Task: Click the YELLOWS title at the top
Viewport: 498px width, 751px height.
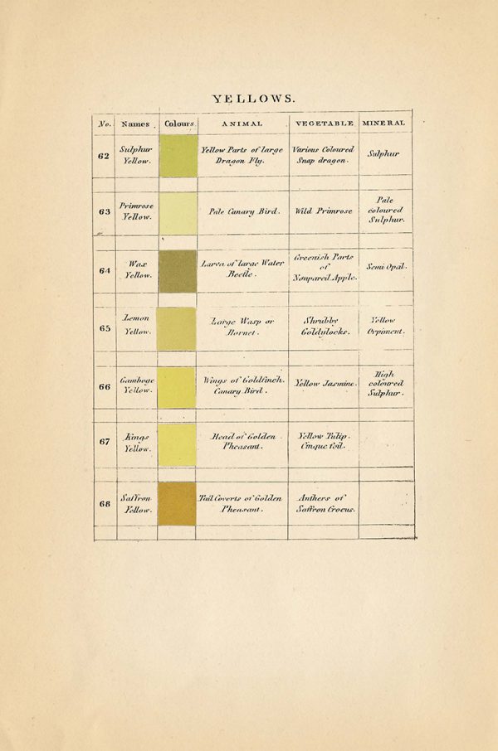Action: point(253,99)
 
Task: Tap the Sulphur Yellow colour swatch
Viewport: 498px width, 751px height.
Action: point(178,156)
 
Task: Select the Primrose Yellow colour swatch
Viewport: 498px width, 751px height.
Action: point(178,213)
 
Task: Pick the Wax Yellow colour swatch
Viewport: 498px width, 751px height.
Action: point(178,271)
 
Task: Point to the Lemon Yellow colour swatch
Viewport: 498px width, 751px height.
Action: point(176,328)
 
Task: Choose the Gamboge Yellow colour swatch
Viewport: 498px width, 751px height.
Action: point(177,387)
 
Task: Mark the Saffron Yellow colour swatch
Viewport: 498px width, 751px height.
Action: point(177,503)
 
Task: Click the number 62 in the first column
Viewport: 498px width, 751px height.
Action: point(105,155)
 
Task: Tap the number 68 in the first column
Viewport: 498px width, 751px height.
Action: point(105,504)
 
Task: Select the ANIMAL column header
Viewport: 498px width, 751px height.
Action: point(242,124)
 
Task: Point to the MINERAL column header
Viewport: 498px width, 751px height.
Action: point(384,123)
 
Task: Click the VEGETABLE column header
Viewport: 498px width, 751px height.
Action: point(324,124)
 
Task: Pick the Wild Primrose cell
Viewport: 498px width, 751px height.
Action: point(324,211)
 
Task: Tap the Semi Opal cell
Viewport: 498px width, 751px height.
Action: point(386,267)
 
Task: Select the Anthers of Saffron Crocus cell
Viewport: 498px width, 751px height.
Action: point(325,503)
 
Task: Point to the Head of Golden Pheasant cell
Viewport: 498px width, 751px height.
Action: point(242,441)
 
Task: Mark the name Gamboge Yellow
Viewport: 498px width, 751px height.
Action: point(136,385)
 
